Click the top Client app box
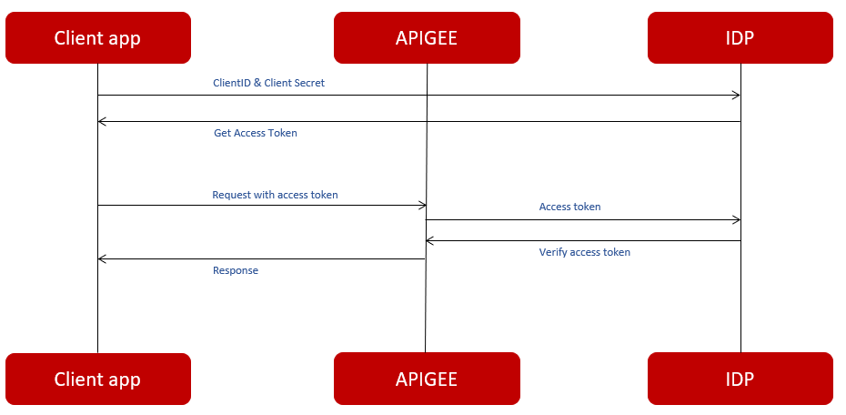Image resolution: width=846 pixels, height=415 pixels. [x=97, y=37]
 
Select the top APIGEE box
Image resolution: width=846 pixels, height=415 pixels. [x=427, y=37]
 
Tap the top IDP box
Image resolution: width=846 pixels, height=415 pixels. [x=740, y=37]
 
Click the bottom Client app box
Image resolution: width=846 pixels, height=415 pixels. [x=97, y=379]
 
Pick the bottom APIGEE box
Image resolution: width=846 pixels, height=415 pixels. [x=427, y=379]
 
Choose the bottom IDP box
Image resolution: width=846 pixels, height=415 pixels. [x=740, y=379]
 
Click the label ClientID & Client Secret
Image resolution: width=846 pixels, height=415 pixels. [x=268, y=83]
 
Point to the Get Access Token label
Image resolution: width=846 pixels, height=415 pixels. [x=255, y=133]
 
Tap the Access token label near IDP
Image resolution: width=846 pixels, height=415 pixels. [x=569, y=207]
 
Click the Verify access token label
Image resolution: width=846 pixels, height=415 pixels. [x=584, y=252]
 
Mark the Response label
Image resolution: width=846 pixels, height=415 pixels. [x=236, y=270]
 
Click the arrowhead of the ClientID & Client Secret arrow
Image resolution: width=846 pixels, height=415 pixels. [x=737, y=96]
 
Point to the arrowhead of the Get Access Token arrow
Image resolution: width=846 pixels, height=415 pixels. [x=102, y=122]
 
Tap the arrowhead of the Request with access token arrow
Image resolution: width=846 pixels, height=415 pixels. [x=422, y=206]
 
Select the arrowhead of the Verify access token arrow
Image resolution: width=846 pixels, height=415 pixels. [x=430, y=241]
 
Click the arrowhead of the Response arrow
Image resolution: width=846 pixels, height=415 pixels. [x=102, y=259]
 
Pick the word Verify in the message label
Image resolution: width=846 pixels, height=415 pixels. [x=553, y=252]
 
